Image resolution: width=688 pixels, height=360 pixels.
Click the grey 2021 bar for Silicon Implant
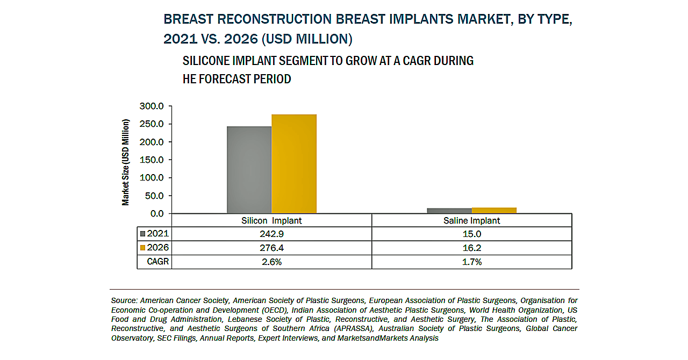(x=249, y=170)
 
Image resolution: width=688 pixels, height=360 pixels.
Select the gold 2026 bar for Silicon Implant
(x=294, y=164)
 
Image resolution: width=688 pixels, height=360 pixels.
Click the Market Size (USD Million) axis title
(x=126, y=162)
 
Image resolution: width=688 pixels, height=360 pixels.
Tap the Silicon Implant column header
(x=271, y=221)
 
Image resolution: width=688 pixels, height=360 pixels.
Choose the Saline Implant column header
(x=471, y=221)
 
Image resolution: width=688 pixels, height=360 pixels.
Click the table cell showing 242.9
(x=271, y=234)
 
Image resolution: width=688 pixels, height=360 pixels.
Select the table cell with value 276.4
(x=271, y=248)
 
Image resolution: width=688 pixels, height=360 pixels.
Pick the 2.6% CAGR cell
(x=271, y=262)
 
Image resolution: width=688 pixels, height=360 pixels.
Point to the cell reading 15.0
(x=471, y=234)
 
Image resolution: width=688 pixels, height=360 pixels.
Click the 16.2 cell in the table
(x=471, y=248)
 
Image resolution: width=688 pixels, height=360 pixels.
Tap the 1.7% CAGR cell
(x=471, y=262)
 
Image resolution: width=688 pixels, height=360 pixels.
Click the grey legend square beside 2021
(x=142, y=234)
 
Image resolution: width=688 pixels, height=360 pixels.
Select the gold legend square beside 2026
(x=142, y=248)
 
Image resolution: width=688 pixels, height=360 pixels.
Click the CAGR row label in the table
(x=157, y=262)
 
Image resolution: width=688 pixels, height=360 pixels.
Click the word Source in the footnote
(x=123, y=300)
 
